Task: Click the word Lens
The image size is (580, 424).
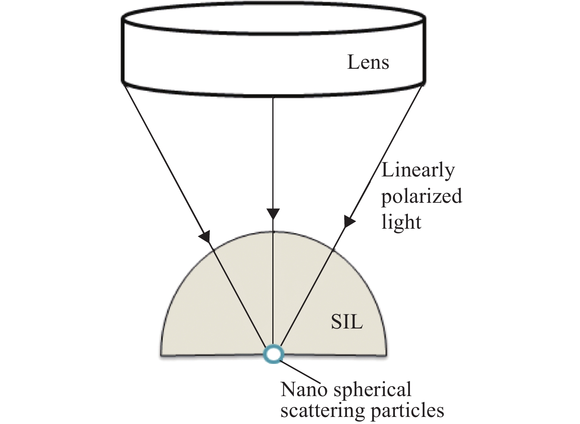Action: point(368,62)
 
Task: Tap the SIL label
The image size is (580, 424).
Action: point(347,322)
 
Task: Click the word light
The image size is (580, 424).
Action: point(401,222)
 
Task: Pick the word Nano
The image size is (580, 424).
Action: point(304,389)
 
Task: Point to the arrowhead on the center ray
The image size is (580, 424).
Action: point(273,214)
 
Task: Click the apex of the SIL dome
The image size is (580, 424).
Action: point(273,231)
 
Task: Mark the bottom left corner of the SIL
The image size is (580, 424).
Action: point(161,356)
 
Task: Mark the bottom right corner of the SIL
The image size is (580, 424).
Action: point(386,356)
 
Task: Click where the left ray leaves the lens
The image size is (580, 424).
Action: point(125,86)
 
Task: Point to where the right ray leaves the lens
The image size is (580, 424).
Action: point(422,86)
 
